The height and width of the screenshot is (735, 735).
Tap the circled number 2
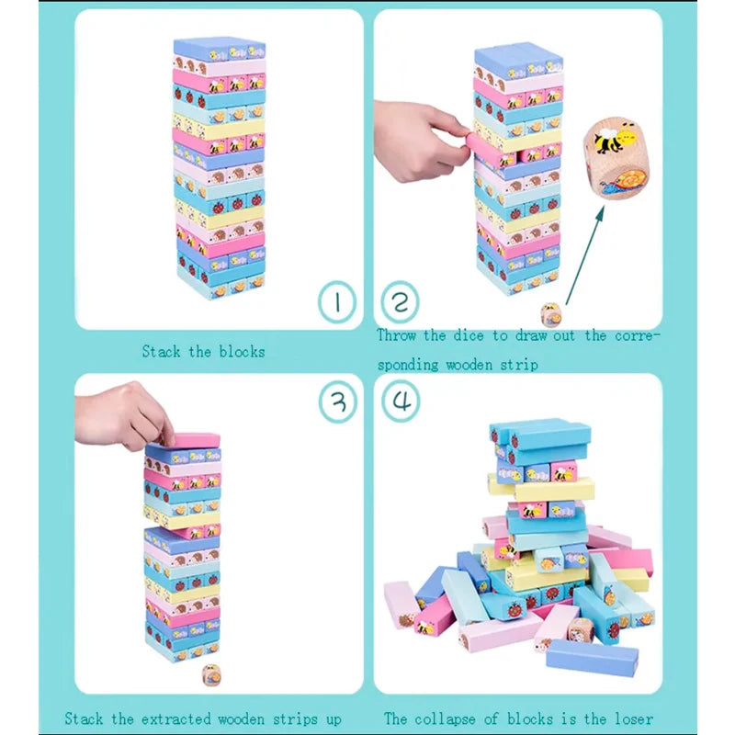click(x=400, y=302)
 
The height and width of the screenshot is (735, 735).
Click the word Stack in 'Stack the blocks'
click(x=161, y=351)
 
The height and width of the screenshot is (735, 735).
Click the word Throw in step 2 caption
click(x=396, y=336)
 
